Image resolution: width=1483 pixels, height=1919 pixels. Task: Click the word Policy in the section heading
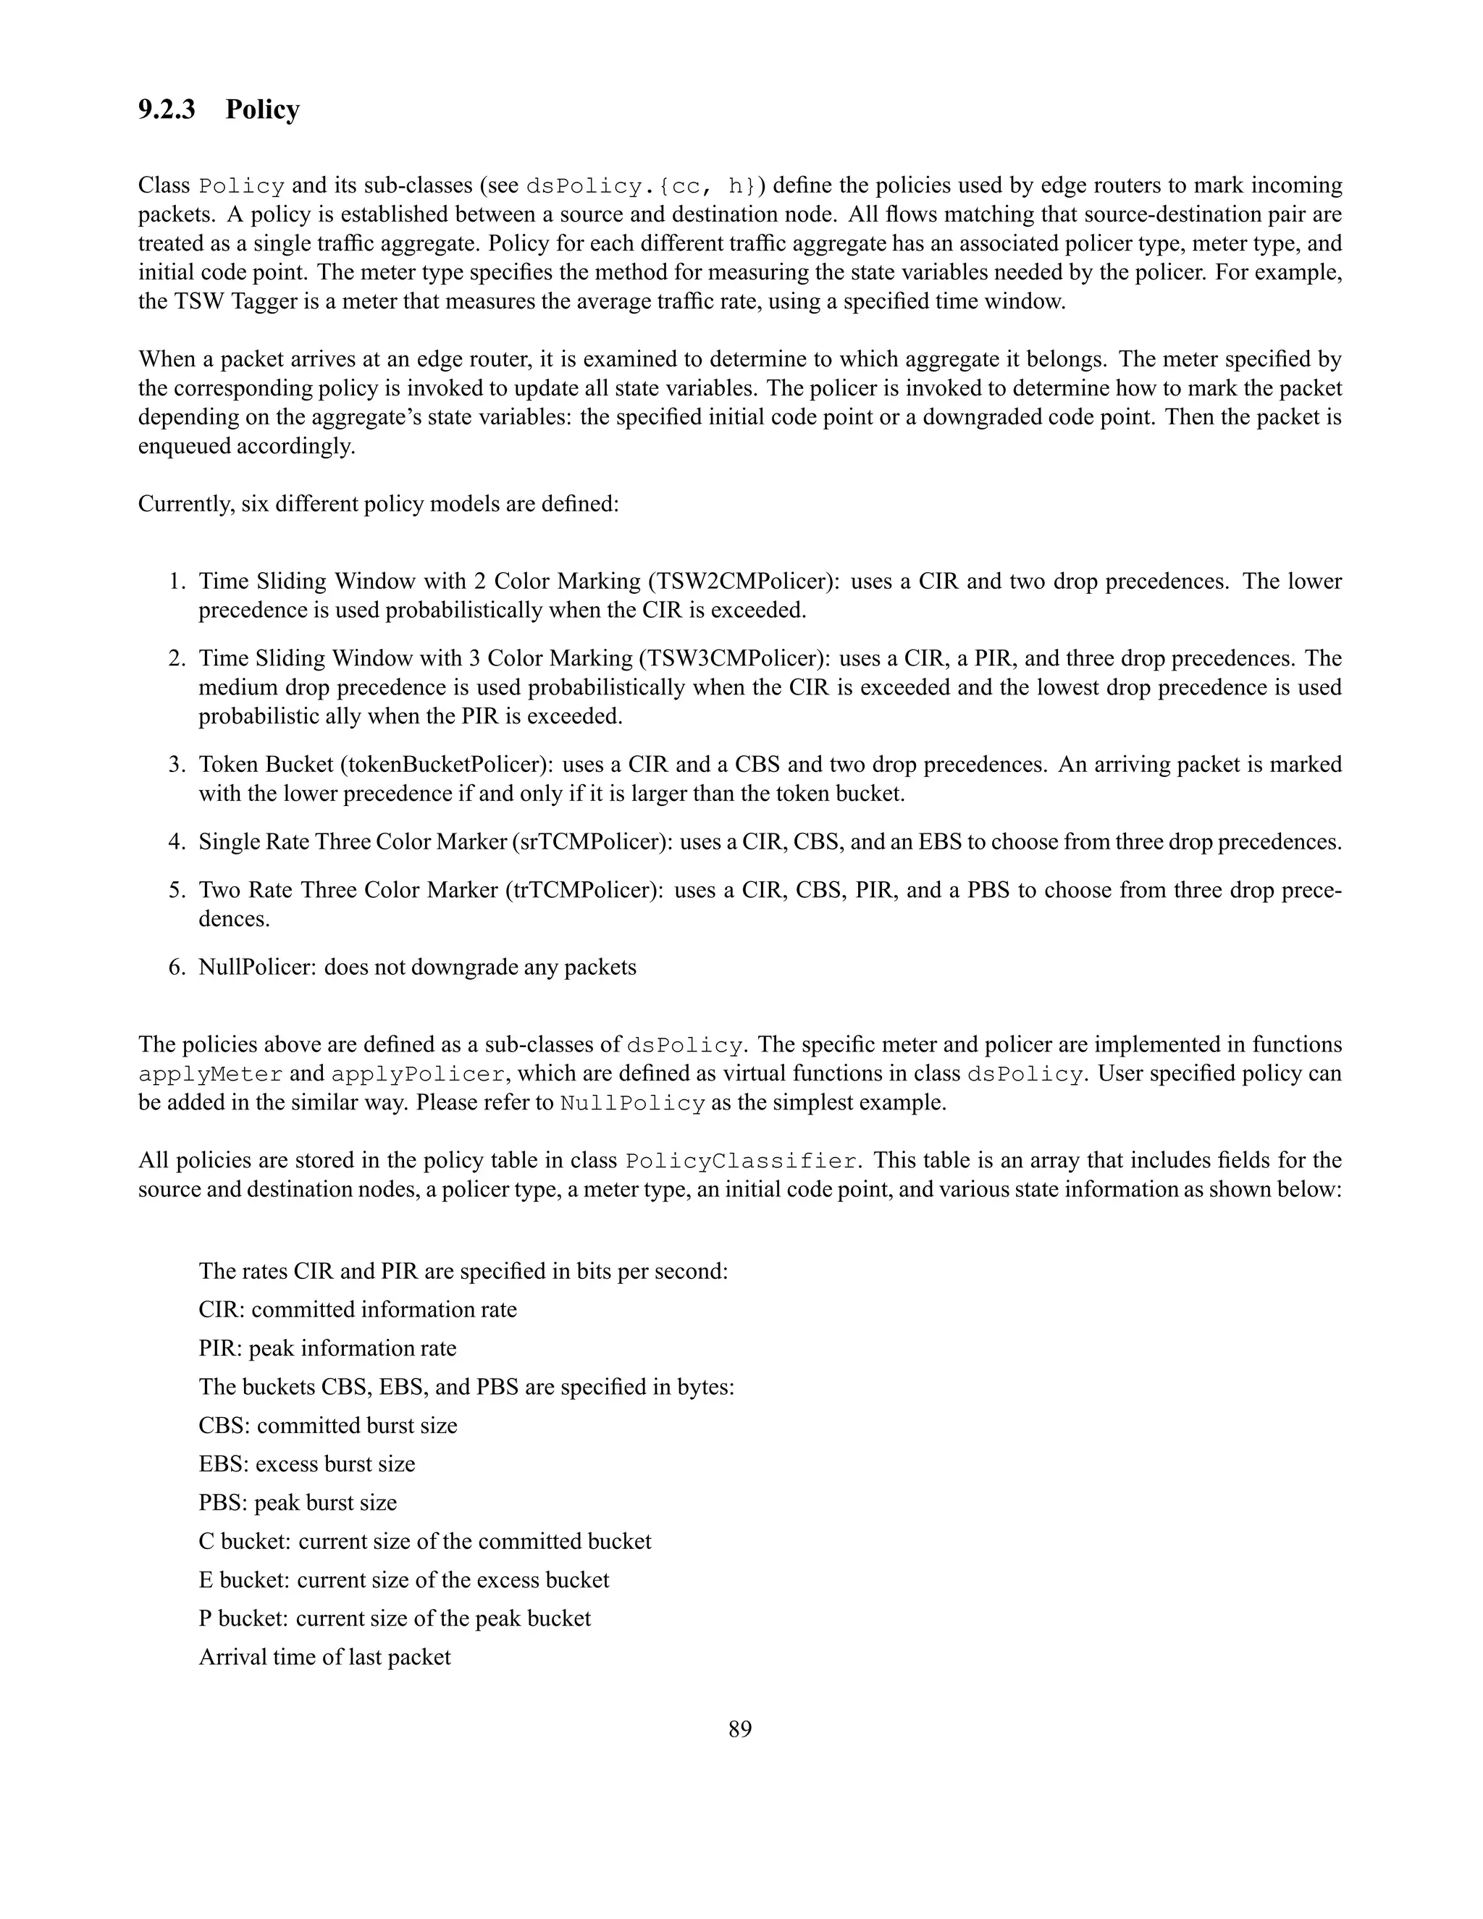click(262, 110)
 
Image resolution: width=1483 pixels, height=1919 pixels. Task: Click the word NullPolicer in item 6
click(254, 967)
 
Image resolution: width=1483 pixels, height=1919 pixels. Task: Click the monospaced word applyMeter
click(210, 1075)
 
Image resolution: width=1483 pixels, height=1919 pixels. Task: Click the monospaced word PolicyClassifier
click(741, 1162)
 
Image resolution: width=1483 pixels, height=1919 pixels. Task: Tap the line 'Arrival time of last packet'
click(324, 1657)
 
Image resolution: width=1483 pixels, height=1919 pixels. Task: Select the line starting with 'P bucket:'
click(395, 1618)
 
